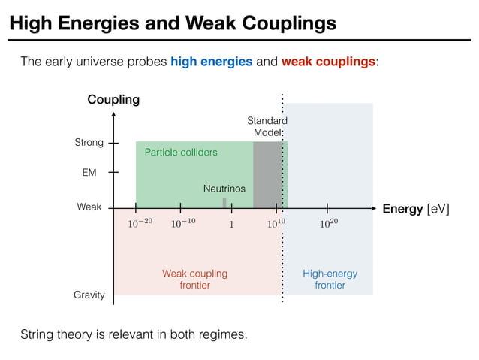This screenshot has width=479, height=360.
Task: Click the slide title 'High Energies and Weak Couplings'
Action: [172, 23]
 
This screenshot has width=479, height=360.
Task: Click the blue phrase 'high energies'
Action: [211, 62]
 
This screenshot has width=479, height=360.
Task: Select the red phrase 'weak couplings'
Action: [328, 62]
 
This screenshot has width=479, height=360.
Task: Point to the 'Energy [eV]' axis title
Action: [416, 209]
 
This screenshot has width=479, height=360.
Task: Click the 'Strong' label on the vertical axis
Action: [89, 143]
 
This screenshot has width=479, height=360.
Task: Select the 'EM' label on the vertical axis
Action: [89, 173]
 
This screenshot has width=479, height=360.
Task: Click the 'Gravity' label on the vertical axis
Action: [89, 295]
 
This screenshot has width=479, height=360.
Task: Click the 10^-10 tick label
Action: [182, 223]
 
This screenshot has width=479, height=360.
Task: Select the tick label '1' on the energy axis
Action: [231, 224]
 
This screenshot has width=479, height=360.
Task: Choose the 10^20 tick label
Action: [329, 223]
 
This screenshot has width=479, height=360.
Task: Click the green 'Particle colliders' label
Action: [181, 153]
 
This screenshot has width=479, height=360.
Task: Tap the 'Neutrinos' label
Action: [224, 189]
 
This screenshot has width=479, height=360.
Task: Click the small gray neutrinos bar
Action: [224, 203]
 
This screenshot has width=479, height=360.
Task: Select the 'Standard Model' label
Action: [267, 126]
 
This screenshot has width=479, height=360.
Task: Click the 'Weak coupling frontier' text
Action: [194, 280]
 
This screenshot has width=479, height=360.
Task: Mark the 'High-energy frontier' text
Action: [330, 280]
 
